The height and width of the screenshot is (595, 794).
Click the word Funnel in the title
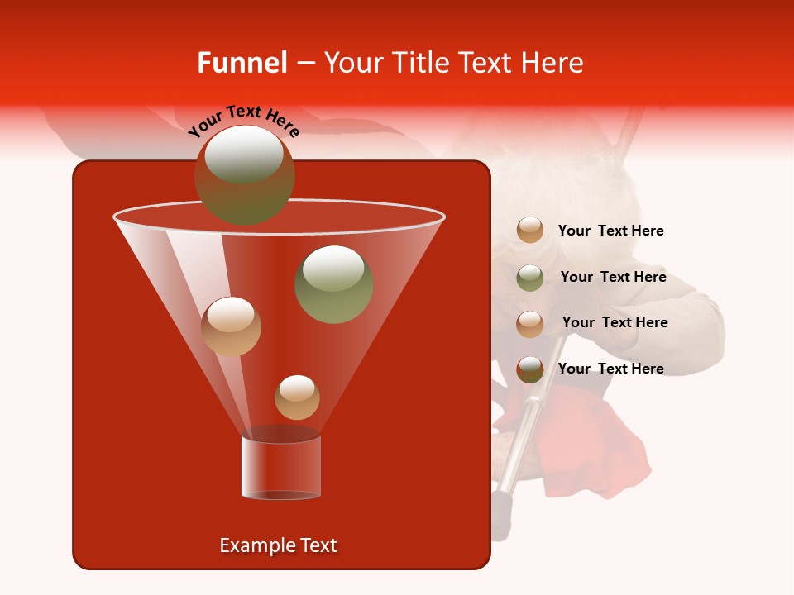click(x=242, y=63)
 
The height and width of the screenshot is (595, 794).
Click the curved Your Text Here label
click(x=243, y=120)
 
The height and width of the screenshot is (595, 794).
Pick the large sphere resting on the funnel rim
click(x=244, y=174)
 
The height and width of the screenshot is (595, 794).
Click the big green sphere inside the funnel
click(x=333, y=283)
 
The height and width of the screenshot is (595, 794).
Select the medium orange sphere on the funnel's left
click(x=231, y=326)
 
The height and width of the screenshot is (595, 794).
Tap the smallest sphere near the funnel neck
click(x=297, y=397)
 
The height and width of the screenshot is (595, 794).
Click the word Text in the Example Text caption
click(x=318, y=545)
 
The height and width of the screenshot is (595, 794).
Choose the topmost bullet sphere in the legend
click(x=530, y=231)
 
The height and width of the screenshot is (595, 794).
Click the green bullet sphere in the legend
click(x=530, y=277)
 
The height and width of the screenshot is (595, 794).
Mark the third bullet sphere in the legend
click(x=530, y=323)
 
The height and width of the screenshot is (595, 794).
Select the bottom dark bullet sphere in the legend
click(x=530, y=369)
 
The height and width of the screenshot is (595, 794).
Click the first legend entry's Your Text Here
click(x=610, y=231)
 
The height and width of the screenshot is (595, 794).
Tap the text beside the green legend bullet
click(x=613, y=277)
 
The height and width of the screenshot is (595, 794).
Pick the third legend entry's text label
click(x=615, y=322)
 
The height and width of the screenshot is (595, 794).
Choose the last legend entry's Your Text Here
click(x=610, y=369)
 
